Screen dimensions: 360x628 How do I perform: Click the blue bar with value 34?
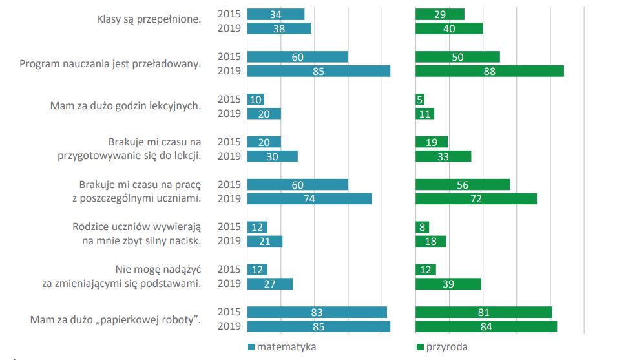[276, 14]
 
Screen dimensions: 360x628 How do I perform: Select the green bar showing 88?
[489, 71]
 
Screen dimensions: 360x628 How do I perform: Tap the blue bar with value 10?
[256, 100]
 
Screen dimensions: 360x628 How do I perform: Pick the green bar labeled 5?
[420, 100]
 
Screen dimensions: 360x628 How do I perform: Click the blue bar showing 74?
[309, 199]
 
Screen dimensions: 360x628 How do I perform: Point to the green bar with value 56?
[462, 185]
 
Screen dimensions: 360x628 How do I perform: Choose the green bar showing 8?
[422, 228]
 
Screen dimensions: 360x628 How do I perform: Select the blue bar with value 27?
[270, 284]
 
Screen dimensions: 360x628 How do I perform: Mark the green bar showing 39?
[448, 284]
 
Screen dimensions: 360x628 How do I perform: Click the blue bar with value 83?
[317, 312]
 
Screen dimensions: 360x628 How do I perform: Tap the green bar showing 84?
[486, 326]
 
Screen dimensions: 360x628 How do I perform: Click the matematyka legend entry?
[282, 346]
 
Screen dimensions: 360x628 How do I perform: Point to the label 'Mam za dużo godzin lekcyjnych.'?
[125, 106]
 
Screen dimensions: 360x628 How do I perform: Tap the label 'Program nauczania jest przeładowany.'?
[110, 63]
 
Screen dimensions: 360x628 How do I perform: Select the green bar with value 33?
[443, 156]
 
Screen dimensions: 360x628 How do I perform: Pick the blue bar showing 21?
[265, 242]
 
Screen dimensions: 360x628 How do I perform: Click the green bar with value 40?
[449, 28]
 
